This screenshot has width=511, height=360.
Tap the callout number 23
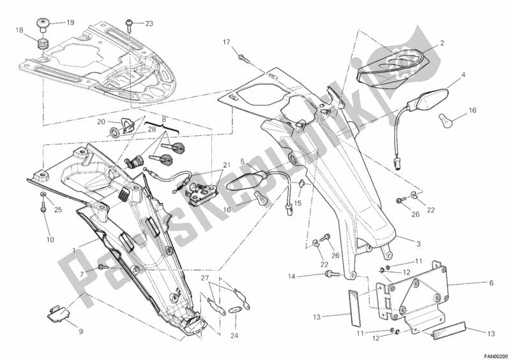click(149, 24)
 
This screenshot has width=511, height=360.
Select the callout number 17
click(225, 42)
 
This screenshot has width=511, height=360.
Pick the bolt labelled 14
click(331, 274)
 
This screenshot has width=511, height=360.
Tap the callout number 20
click(102, 122)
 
